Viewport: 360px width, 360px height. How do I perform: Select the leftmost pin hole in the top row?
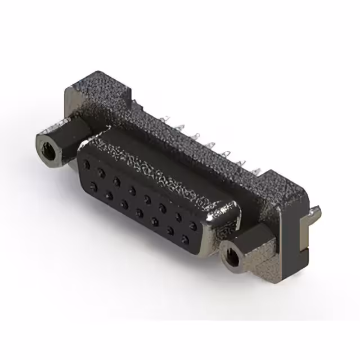tap(86, 165)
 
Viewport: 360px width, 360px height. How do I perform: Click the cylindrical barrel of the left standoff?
tap(59, 142)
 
